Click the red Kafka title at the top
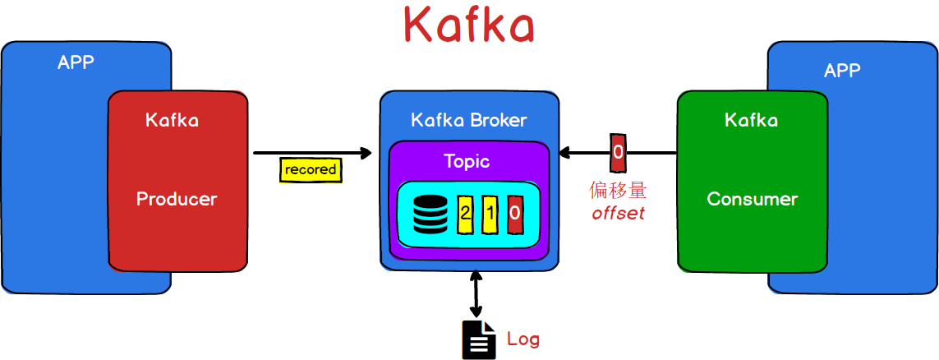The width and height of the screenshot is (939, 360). [x=469, y=25]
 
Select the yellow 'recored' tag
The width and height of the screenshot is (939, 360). [x=311, y=169]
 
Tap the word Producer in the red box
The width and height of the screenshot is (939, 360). [x=177, y=199]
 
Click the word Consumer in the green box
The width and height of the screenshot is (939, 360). [x=752, y=199]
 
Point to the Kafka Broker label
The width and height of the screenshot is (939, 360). [x=468, y=120]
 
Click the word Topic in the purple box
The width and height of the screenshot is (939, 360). [x=467, y=161]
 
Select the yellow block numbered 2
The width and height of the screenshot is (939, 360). [x=466, y=214]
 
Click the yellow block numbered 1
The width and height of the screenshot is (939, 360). [x=490, y=214]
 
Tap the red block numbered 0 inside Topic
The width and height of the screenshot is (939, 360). [x=515, y=214]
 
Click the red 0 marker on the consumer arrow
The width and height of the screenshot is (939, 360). [x=618, y=152]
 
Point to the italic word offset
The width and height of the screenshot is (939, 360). [x=618, y=214]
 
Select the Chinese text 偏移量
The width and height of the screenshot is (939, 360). [x=618, y=191]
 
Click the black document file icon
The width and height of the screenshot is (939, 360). [x=479, y=339]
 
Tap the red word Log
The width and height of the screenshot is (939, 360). [x=523, y=339]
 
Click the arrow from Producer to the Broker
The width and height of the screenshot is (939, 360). [x=312, y=153]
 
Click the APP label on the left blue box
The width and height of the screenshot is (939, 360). [x=76, y=62]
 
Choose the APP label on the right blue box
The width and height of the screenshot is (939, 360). [x=842, y=70]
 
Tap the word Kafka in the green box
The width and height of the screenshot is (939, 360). [x=751, y=120]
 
